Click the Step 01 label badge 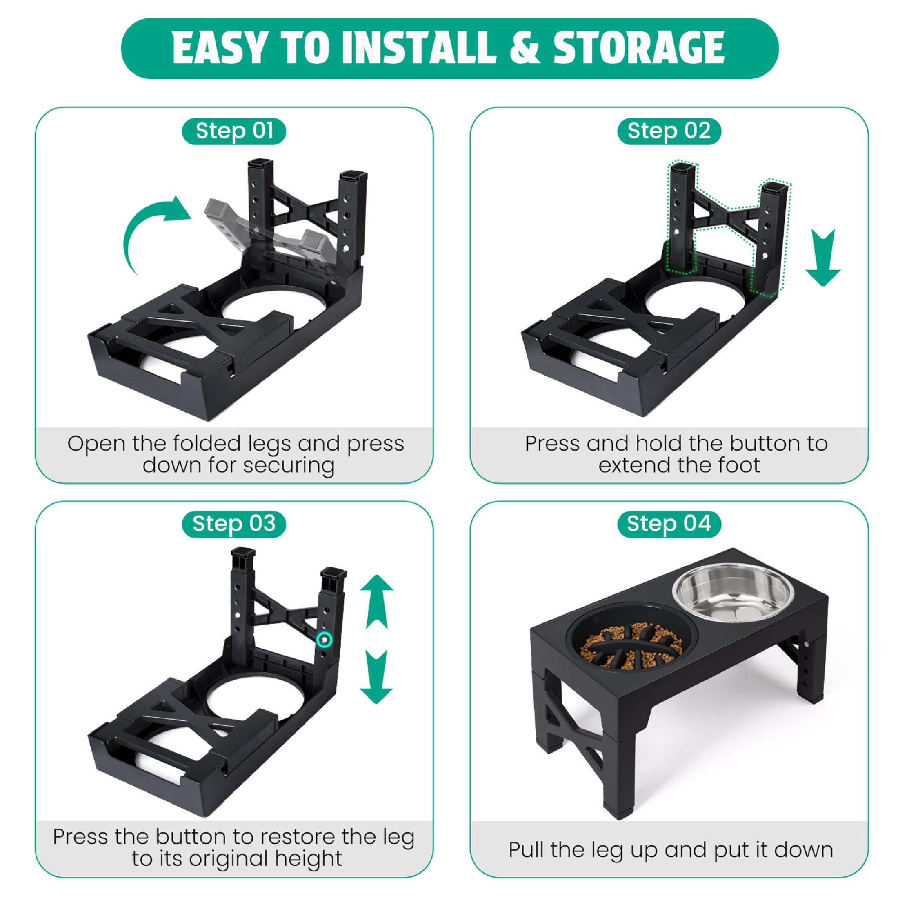[x=234, y=131]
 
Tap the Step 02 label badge [x=669, y=131]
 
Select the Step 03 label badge [x=234, y=524]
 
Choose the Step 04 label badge [x=669, y=524]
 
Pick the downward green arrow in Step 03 [x=376, y=676]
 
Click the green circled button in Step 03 [x=324, y=640]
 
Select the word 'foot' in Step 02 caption [x=741, y=465]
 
